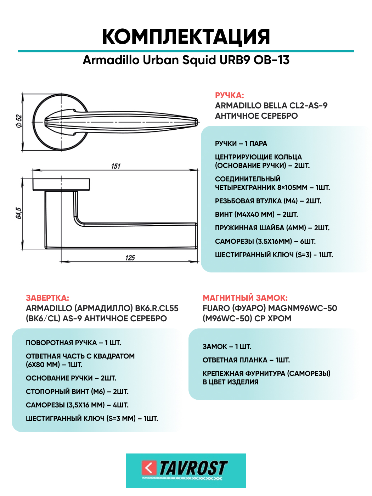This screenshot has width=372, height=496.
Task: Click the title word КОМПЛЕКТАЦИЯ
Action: coord(186,36)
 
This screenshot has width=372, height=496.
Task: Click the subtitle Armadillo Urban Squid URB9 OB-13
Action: coord(186,60)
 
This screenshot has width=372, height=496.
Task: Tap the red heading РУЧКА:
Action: coord(229,95)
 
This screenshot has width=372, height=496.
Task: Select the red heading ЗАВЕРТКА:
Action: coord(47,298)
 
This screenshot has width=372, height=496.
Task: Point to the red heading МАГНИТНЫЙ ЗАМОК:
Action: coord(245,298)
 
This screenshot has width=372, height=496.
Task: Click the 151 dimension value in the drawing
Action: coord(116,166)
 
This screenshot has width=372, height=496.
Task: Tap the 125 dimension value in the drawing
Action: coord(130,258)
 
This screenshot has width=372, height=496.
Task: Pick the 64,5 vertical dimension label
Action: coord(19,213)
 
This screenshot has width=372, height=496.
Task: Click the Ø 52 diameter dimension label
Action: coord(19,121)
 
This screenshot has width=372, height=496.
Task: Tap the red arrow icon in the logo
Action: coord(149,468)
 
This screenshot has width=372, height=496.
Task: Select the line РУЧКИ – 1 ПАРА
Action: coord(241,143)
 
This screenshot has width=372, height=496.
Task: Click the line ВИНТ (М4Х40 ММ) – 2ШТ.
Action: coord(256,214)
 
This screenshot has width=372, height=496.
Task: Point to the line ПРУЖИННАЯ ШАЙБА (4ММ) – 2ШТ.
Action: coord(272,228)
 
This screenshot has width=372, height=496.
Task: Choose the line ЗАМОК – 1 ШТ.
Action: coord(227,346)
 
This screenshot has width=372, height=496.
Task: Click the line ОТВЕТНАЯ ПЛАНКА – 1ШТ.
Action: coord(246,360)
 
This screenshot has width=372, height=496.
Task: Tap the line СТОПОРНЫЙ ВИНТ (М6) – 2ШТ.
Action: coord(77,391)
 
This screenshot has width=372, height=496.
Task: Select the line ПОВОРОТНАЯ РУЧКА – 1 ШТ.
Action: coord(73,343)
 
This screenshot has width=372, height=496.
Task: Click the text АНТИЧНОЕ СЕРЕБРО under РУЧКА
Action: coord(256,116)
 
